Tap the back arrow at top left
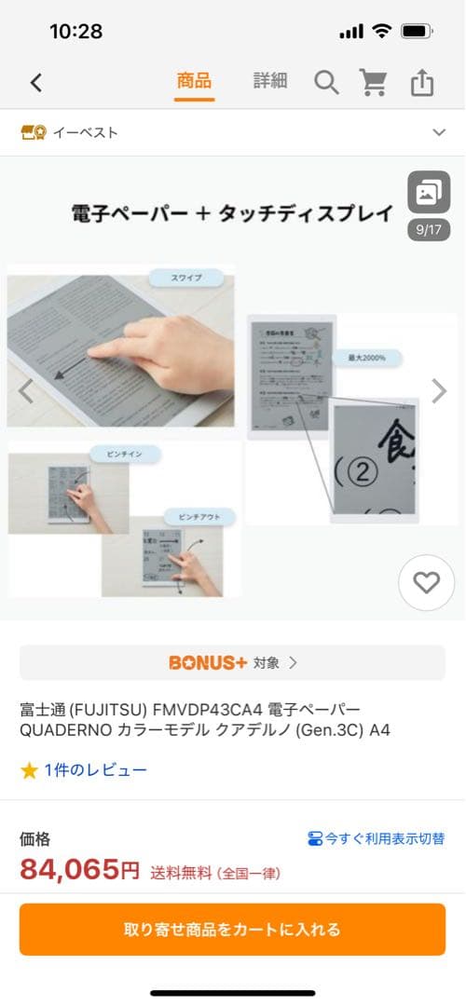[36, 82]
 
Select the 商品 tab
[194, 81]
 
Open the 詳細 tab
[270, 81]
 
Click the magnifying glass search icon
[326, 83]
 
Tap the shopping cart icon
[374, 83]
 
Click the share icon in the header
[422, 83]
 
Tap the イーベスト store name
[84, 132]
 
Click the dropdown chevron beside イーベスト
[439, 132]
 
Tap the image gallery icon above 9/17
[429, 193]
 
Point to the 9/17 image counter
[429, 229]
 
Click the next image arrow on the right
[439, 391]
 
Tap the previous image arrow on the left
[26, 391]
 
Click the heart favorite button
[426, 583]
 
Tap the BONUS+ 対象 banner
[233, 662]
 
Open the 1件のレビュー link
[95, 770]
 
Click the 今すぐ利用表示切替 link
[377, 839]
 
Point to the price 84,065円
[80, 871]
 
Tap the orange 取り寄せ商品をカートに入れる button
[233, 929]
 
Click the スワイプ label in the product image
[185, 278]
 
